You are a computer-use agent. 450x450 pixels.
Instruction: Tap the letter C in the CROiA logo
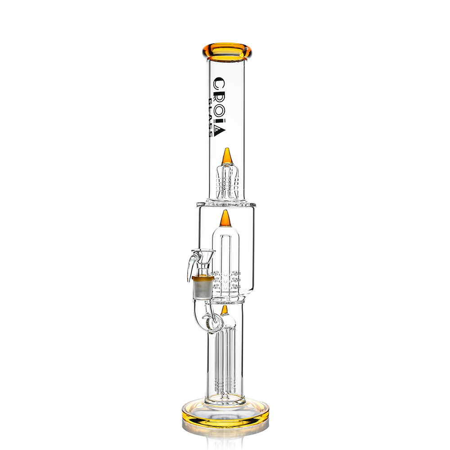(x=219, y=84)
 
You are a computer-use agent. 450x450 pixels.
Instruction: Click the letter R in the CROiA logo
(x=219, y=95)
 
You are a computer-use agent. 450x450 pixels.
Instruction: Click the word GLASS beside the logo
(x=210, y=112)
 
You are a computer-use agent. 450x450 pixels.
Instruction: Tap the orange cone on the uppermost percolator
(x=228, y=156)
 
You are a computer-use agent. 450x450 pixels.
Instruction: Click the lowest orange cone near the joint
(x=224, y=310)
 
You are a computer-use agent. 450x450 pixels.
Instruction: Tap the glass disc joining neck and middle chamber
(x=226, y=203)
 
